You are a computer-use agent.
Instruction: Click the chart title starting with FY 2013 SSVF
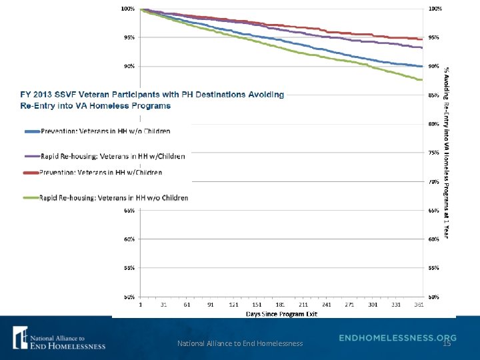[x=152, y=100]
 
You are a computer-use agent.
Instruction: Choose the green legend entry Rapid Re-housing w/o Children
[x=106, y=197]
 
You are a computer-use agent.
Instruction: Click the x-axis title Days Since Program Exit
[x=281, y=313]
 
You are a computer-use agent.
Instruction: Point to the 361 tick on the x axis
[x=418, y=304]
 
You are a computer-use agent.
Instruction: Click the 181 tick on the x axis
[x=280, y=304]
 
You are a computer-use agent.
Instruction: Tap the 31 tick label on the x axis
[x=163, y=304]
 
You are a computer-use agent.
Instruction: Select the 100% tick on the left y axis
[x=127, y=9]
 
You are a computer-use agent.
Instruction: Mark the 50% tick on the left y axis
[x=129, y=296]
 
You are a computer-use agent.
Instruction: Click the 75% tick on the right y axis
[x=433, y=153]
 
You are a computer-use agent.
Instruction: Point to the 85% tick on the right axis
[x=433, y=95]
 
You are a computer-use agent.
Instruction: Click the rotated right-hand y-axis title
[x=447, y=152]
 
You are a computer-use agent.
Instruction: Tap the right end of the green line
[x=422, y=80]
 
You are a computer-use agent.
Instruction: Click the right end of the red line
[x=422, y=39]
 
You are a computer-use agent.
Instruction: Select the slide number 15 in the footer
[x=447, y=343]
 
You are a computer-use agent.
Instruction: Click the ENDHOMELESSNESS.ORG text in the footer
[x=397, y=337]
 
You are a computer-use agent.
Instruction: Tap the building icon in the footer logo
[x=19, y=337]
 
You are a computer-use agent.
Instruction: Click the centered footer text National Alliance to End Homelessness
[x=240, y=343]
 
